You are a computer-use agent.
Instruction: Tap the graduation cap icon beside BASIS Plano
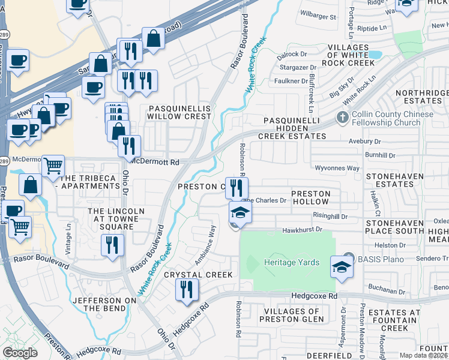[342, 267]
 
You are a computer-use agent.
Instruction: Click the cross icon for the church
[342, 116]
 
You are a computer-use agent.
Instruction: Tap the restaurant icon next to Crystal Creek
[187, 290]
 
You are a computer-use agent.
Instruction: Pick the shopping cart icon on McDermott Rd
[53, 165]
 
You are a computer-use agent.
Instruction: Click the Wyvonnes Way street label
[335, 168]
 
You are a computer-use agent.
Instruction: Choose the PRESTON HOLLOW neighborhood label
[310, 198]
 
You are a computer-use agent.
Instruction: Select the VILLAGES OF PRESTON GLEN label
[292, 315]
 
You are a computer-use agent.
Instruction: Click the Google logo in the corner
[20, 352]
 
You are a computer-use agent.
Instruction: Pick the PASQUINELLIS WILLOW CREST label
[179, 112]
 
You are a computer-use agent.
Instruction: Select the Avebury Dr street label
[366, 142]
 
